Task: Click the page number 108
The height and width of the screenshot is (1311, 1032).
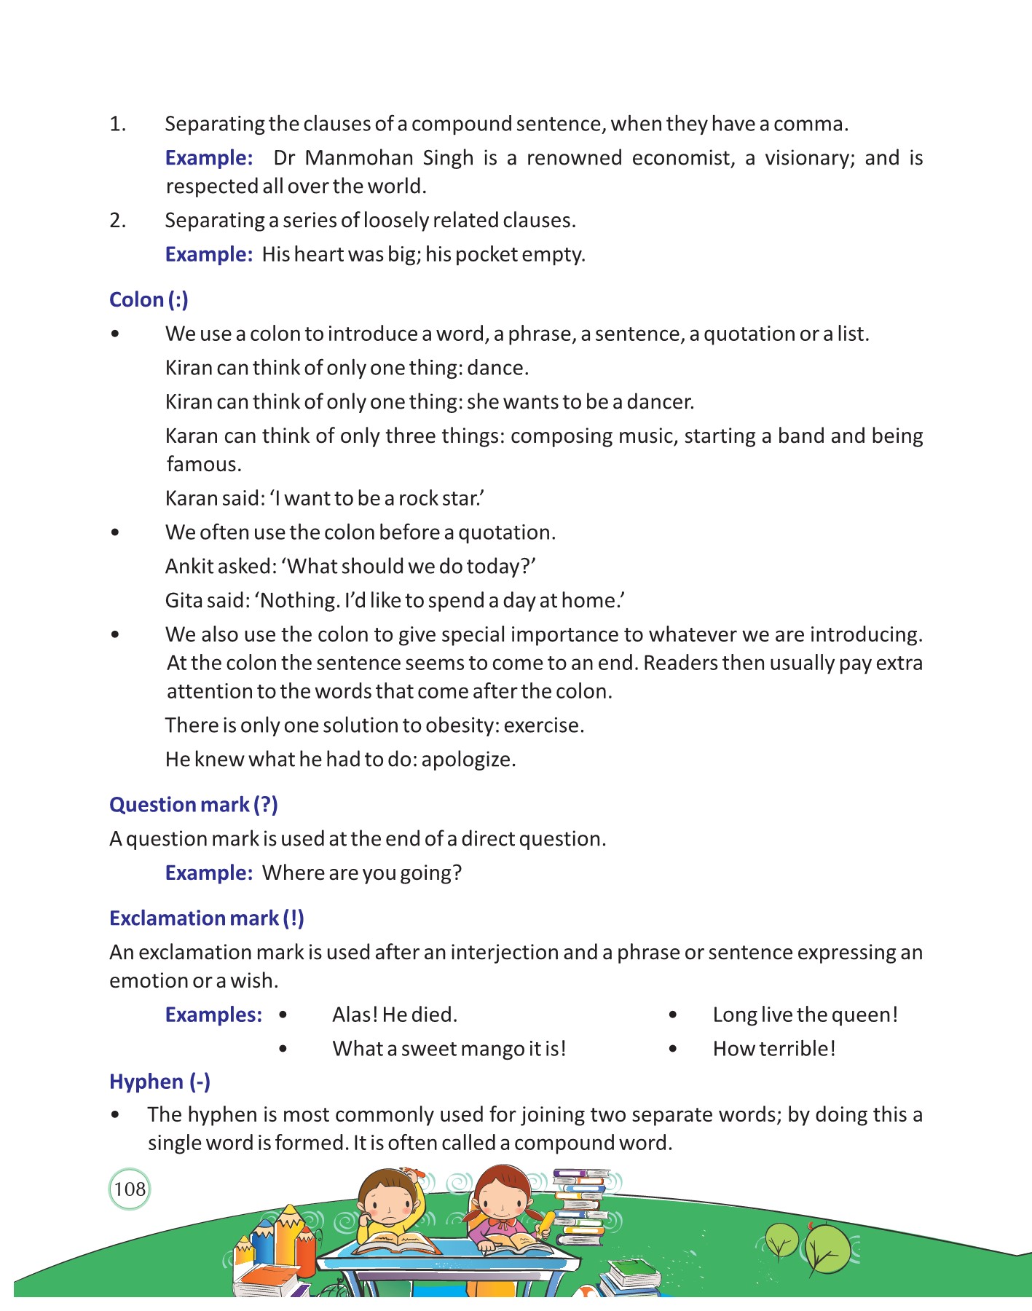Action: tap(130, 1189)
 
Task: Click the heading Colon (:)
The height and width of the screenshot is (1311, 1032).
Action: tap(149, 300)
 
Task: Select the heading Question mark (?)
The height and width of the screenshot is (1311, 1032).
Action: tap(193, 805)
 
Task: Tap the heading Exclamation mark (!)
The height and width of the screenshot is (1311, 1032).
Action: tap(206, 918)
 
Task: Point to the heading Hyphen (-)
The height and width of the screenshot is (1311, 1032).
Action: tap(159, 1082)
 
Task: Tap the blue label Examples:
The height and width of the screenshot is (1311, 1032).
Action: tap(213, 1015)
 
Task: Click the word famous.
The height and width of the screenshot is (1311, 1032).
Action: tap(204, 465)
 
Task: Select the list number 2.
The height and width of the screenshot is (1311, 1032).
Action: tap(117, 221)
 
